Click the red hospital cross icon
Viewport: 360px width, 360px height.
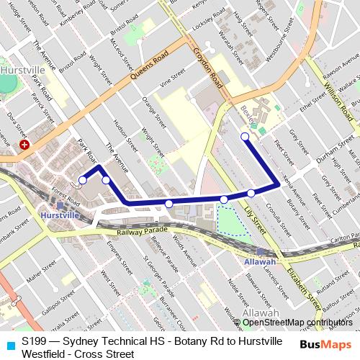pyautogui.click(x=25, y=145)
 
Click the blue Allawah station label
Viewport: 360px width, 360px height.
pyautogui.click(x=259, y=261)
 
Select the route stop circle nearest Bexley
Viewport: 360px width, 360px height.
pyautogui.click(x=245, y=136)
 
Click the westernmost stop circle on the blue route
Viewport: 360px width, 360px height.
pyautogui.click(x=83, y=180)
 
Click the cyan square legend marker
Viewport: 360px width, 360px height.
pyautogui.click(x=9, y=346)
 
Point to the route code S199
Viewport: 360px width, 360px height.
pyautogui.click(x=35, y=341)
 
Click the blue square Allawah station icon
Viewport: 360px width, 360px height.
pyautogui.click(x=260, y=251)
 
